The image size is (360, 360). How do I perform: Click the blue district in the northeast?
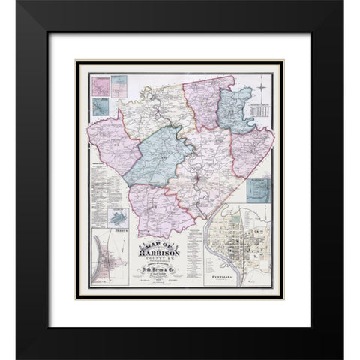tap(234, 110)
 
